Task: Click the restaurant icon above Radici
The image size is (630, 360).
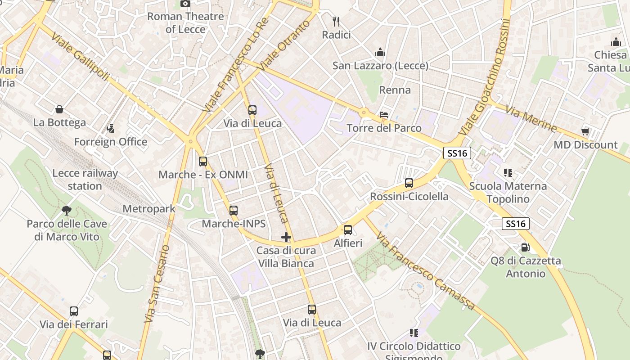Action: pyautogui.click(x=336, y=21)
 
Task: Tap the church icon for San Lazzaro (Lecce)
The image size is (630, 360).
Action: pyautogui.click(x=380, y=52)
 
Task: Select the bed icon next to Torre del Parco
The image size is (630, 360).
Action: pyautogui.click(x=384, y=114)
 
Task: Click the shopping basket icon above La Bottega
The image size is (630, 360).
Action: pyautogui.click(x=59, y=109)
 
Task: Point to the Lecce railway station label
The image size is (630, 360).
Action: pyautogui.click(x=85, y=180)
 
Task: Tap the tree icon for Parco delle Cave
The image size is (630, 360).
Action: pyautogui.click(x=67, y=210)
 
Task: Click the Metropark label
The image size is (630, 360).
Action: pyautogui.click(x=149, y=209)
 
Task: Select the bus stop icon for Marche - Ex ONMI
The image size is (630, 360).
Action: pyautogui.click(x=203, y=161)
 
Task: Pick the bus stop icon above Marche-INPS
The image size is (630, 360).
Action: pyautogui.click(x=233, y=210)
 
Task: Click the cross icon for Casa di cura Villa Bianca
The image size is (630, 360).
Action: pyautogui.click(x=286, y=237)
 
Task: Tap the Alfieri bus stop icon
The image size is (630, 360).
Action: pyautogui.click(x=348, y=230)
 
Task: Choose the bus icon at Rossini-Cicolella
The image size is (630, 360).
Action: pyautogui.click(x=409, y=183)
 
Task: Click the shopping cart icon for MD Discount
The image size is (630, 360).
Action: pyautogui.click(x=585, y=131)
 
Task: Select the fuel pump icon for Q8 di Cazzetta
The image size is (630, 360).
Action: pyautogui.click(x=525, y=247)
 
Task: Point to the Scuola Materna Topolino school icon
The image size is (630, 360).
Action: pyautogui.click(x=508, y=172)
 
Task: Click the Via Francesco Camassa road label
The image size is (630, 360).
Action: pyautogui.click(x=426, y=271)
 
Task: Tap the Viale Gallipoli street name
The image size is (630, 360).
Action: pyautogui.click(x=80, y=57)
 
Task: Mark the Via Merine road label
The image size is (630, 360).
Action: pyautogui.click(x=531, y=119)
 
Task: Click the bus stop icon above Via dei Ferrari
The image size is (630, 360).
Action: pyautogui.click(x=74, y=311)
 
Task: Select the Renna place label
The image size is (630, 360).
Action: pyautogui.click(x=395, y=90)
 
